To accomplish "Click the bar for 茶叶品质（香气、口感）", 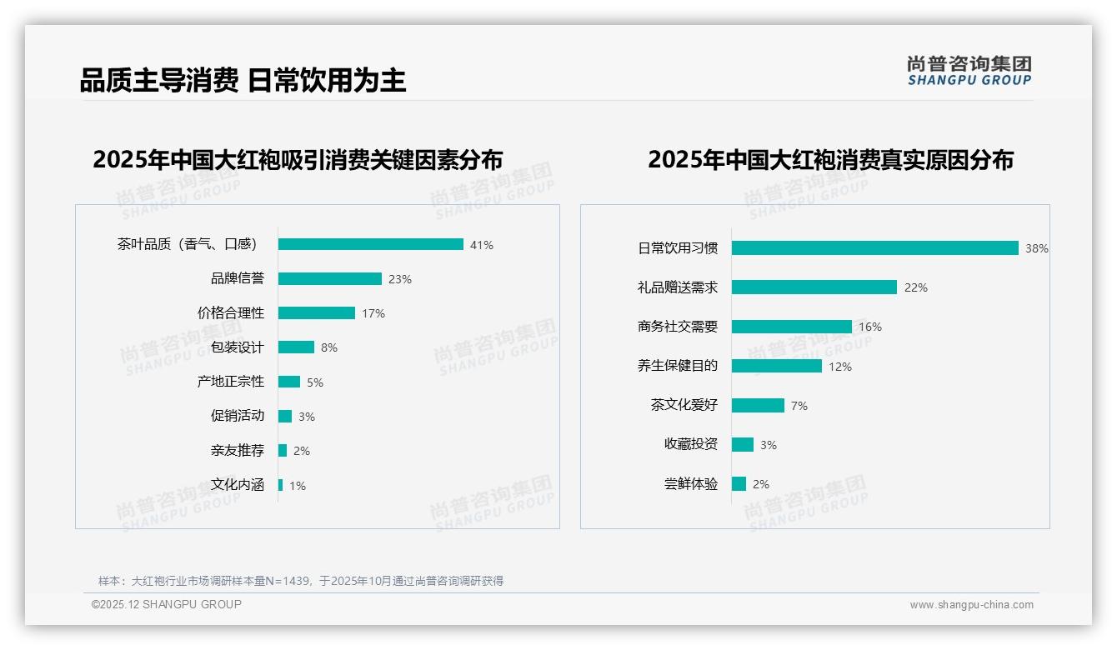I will coord(370,244).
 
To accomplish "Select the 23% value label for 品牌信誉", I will coord(400,279).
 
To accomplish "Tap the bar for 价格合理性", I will coord(317,313).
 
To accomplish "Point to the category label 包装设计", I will coord(237,347).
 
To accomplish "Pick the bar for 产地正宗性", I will coord(289,382).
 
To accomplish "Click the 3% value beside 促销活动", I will coord(307,417).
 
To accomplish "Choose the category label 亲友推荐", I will coord(237,451).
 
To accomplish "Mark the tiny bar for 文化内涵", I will coord(281,485).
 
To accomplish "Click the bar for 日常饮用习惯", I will coord(874,247).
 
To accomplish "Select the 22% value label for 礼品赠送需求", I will coord(916,287).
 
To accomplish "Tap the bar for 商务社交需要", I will coord(792,327).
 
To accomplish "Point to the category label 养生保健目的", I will coord(677,366).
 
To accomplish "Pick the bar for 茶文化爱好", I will coord(758,405).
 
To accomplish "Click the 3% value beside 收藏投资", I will coord(769,445).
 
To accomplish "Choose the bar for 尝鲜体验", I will coord(739,484).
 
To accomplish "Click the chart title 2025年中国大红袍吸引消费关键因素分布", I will coord(298,160).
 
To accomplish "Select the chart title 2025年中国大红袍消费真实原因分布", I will coord(830,160).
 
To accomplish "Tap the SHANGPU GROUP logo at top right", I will coord(969,71).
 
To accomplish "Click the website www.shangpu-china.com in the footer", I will coord(971,605).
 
